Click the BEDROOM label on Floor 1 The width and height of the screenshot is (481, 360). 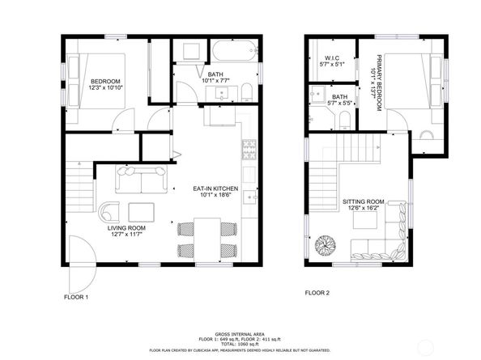pyautogui.click(x=106, y=82)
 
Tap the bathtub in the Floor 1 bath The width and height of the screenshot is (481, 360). pyautogui.click(x=232, y=54)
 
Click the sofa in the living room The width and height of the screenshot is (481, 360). pyautogui.click(x=143, y=179)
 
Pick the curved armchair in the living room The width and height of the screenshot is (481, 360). pyautogui.click(x=110, y=211)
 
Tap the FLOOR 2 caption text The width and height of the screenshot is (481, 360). pyautogui.click(x=317, y=293)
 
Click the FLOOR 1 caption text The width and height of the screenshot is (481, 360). pyautogui.click(x=76, y=297)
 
